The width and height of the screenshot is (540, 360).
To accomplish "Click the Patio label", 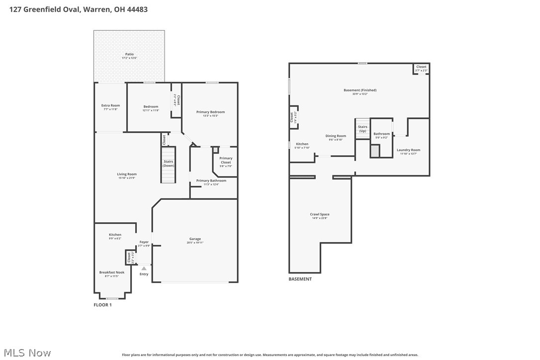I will [129, 54].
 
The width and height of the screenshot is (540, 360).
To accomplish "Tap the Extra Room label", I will [110, 105].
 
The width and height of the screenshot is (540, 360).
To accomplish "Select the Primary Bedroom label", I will [210, 112].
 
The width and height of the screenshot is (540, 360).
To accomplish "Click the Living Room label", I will [127, 175].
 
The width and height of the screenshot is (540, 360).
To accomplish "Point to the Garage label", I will [195, 239].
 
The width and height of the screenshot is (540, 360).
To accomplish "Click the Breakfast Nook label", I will [112, 272].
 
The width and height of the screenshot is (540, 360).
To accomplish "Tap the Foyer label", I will [144, 242].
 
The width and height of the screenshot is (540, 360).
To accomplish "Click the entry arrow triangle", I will [144, 269].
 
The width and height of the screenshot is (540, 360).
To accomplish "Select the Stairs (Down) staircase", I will [168, 165].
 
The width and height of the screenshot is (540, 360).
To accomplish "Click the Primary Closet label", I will [226, 161].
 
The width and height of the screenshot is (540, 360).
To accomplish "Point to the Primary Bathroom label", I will [211, 181].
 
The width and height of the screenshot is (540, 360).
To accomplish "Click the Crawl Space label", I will [320, 214].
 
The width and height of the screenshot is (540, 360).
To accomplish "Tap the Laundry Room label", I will [408, 150].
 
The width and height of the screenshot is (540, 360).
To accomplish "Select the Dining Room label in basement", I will [336, 136].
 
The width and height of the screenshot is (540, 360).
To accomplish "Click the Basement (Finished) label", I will [360, 90].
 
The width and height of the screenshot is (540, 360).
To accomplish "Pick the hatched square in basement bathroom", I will [375, 151].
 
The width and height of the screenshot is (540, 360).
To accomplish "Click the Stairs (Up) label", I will [362, 129].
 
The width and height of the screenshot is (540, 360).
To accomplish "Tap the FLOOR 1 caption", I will [103, 305].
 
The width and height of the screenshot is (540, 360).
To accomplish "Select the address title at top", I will [79, 9].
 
